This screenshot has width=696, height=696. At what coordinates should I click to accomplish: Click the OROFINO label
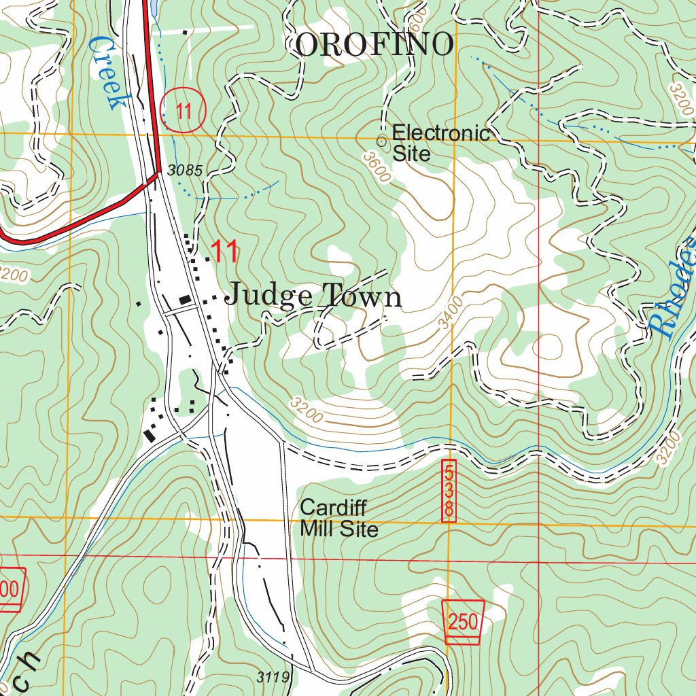375,46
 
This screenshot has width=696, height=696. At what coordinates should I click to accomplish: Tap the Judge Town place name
313,296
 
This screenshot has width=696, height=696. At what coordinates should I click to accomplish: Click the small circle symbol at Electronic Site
382,141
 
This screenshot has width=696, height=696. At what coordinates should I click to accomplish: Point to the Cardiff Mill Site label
338,518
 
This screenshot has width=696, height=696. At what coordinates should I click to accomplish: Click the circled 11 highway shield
184,110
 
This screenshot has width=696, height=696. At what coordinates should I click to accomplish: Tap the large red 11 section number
224,252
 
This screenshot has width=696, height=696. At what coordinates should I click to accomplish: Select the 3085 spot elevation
184,171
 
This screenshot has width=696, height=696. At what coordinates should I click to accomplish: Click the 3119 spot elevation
274,677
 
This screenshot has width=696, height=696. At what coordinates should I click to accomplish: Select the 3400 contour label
451,313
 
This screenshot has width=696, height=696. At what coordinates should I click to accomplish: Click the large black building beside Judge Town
184,299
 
